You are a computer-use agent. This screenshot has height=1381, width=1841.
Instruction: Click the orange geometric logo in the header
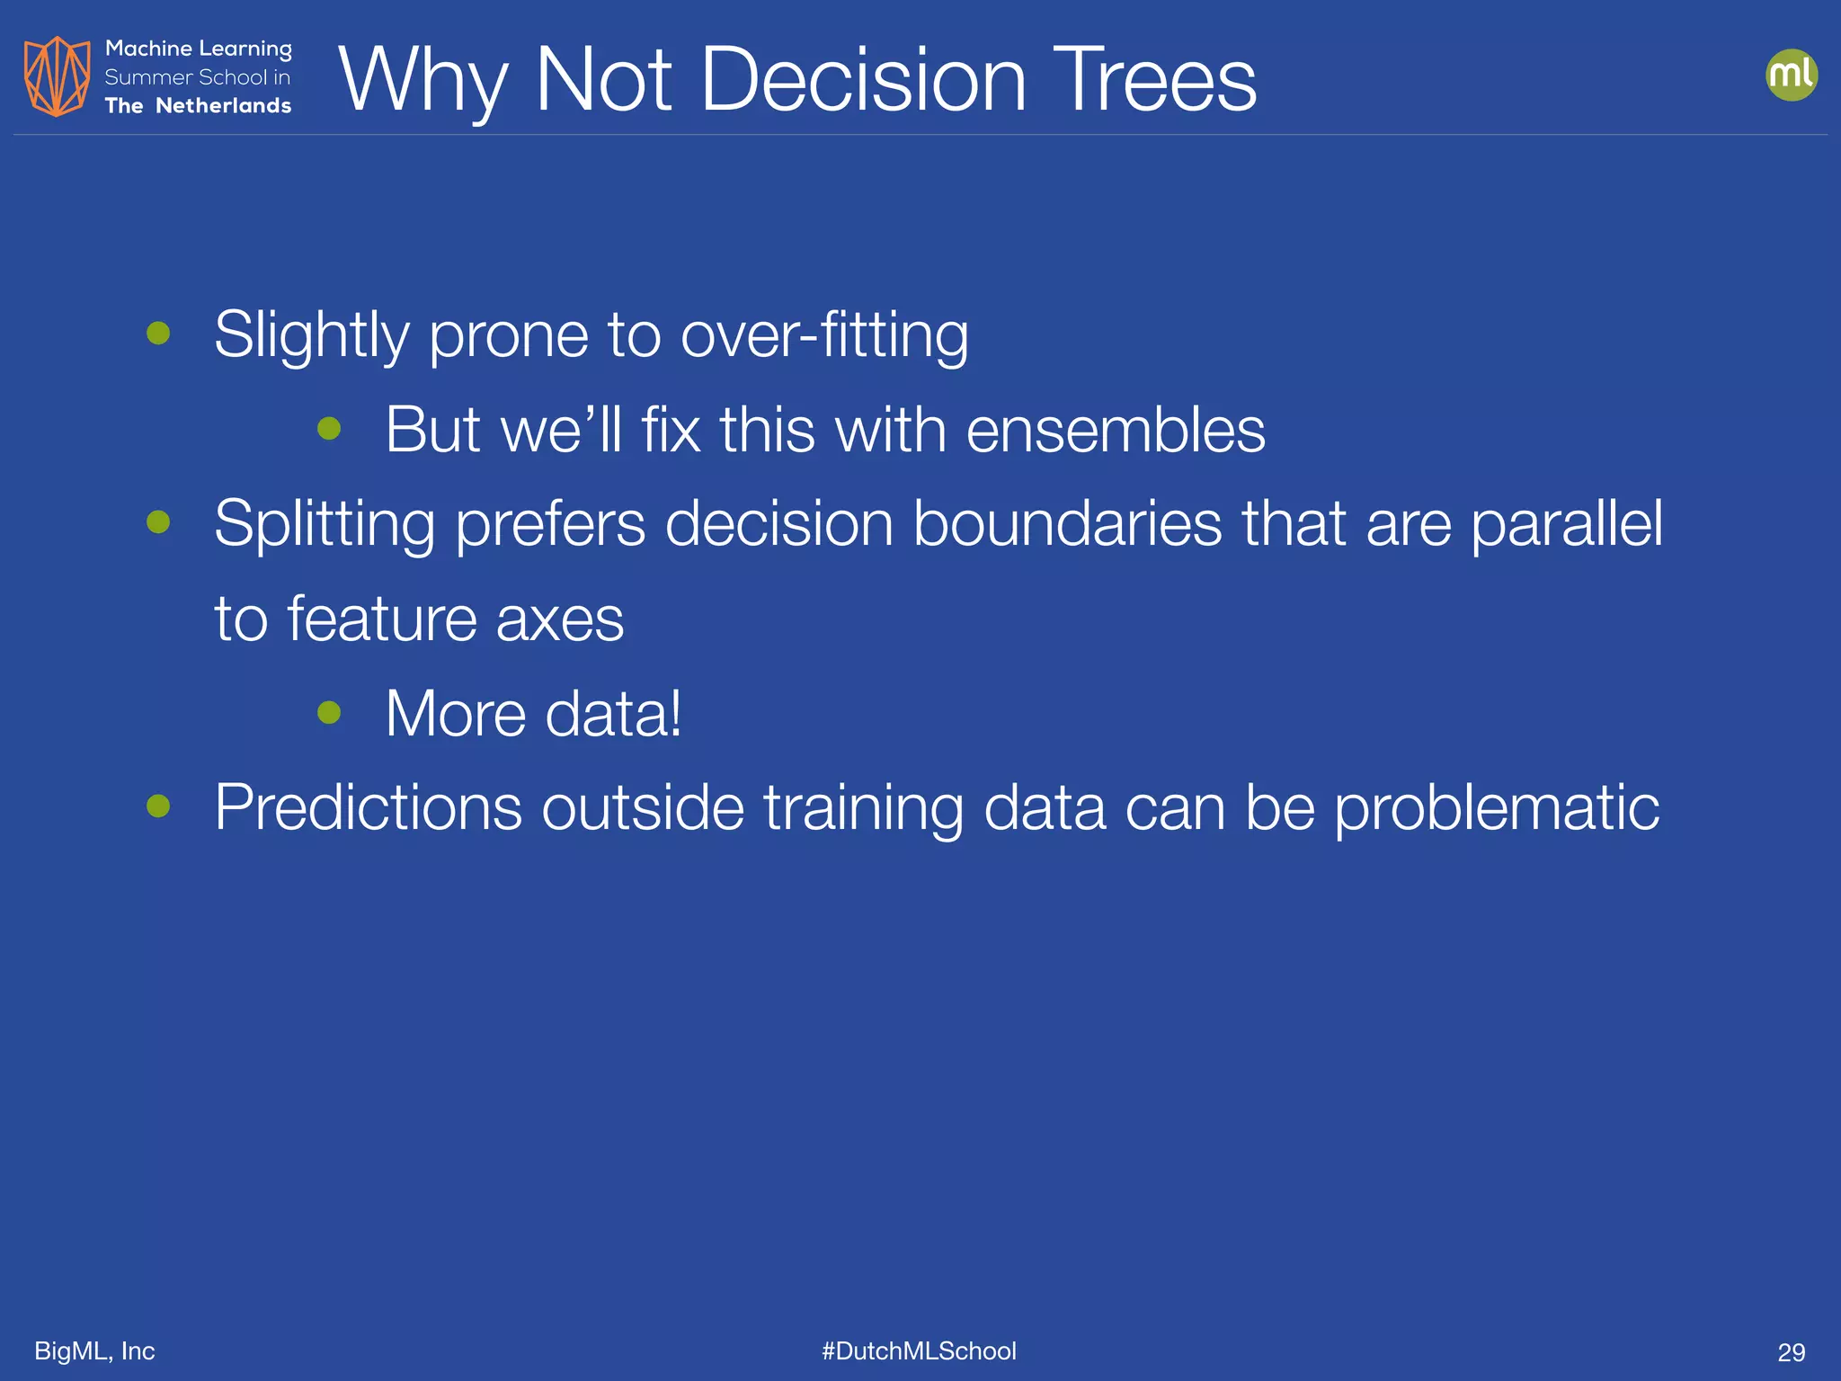(x=57, y=76)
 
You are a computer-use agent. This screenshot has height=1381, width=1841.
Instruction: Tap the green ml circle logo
(x=1791, y=76)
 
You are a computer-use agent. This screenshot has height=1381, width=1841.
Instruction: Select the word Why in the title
(x=423, y=81)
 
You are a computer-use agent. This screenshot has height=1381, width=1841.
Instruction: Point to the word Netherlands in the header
(x=223, y=106)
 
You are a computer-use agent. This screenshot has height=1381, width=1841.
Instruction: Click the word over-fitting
(x=824, y=335)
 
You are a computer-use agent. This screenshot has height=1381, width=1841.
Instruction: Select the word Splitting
(x=324, y=524)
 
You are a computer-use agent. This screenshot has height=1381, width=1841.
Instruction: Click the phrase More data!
(x=533, y=714)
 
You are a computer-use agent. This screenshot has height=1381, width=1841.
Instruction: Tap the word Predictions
(x=368, y=807)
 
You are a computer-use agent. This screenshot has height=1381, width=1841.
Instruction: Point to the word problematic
(x=1496, y=807)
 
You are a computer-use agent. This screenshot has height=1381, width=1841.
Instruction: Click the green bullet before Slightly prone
(x=159, y=334)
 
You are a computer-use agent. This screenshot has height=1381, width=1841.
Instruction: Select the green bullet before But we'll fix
(x=330, y=428)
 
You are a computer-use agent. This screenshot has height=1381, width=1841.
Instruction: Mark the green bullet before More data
(x=330, y=712)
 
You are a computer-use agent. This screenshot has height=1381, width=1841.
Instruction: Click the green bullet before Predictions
(x=159, y=806)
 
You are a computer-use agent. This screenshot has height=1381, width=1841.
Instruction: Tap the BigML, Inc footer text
(x=94, y=1350)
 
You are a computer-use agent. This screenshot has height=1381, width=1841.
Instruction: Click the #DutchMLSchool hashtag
(x=919, y=1350)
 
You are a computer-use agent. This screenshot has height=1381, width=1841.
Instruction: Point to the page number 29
(x=1791, y=1352)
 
